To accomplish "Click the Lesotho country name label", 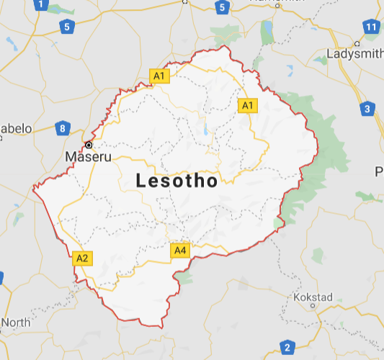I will tap(177, 181).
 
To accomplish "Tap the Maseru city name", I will tap(89, 156).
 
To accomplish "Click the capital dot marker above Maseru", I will tap(89, 145).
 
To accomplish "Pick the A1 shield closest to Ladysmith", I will tap(248, 106).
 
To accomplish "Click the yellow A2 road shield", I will tap(82, 258).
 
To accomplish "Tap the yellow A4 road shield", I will tap(180, 251).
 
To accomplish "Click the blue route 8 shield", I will tap(63, 129).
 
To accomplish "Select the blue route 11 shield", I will tap(371, 27).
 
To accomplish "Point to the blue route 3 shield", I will tap(367, 109).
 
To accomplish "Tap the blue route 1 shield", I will tap(40, 5).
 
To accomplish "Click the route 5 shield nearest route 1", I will tap(67, 27).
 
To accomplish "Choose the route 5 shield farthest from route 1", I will tap(222, 8).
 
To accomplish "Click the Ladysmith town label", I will tap(354, 54).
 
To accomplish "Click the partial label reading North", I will tap(14, 322).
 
